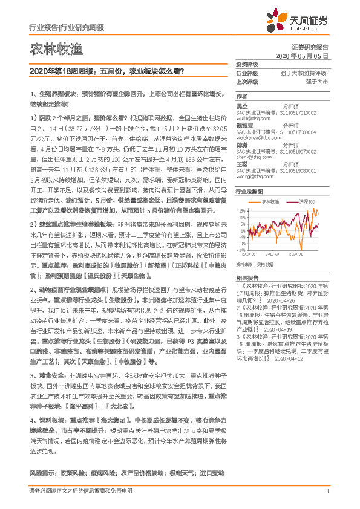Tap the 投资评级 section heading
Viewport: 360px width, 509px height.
coord(247,65)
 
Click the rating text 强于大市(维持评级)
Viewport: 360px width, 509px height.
coord(304,73)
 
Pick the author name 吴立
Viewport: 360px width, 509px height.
coord(241,105)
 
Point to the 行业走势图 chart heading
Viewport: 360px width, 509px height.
coord(249,190)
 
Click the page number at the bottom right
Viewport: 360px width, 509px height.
coord(327,491)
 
